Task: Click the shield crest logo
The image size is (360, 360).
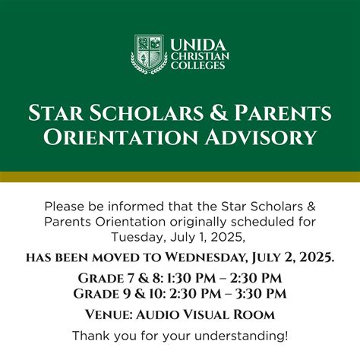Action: [148, 53]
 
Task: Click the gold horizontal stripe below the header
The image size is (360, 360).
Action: [180, 177]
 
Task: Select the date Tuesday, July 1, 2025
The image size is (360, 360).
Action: [179, 235]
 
